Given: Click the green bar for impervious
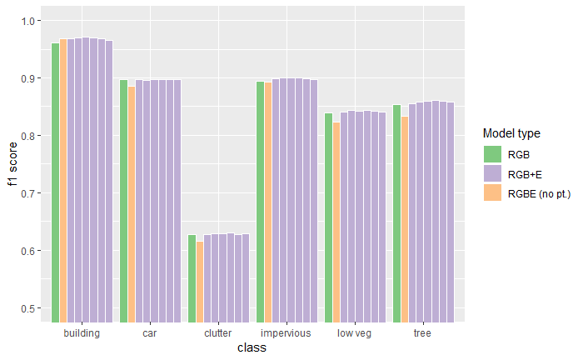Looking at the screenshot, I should (260, 201).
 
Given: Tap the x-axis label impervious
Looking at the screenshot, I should (287, 333).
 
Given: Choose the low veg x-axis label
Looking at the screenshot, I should (355, 333).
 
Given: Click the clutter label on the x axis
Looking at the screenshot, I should (218, 333).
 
